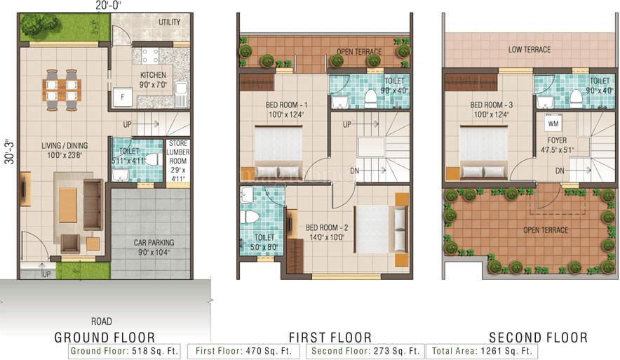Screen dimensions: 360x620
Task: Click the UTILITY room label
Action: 169,22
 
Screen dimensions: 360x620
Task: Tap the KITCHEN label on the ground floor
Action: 154,75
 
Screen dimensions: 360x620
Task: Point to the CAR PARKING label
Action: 154,243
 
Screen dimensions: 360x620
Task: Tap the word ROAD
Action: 102,321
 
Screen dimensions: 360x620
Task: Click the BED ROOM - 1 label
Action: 286,105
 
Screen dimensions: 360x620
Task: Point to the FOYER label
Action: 558,140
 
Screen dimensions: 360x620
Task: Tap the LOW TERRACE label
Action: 530,50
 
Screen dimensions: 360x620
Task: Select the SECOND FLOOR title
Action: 538,338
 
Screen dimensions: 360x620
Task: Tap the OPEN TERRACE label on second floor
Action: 544,230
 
